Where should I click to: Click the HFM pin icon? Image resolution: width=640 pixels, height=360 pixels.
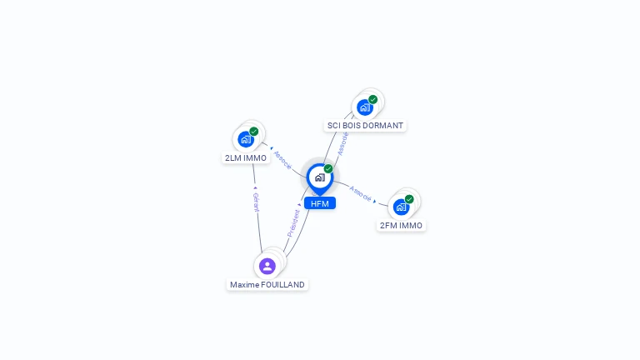[319, 177]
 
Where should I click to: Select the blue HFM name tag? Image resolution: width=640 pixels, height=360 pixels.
[320, 203]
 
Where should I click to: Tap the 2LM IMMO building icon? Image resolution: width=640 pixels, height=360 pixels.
[246, 139]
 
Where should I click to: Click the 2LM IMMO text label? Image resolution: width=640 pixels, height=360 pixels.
[245, 157]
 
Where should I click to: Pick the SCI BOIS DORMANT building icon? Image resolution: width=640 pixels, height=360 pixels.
[364, 107]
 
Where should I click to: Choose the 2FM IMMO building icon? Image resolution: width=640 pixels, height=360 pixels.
[401, 207]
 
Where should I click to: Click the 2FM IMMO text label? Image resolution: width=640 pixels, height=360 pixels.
[401, 226]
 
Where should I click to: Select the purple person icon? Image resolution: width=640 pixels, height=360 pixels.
[267, 266]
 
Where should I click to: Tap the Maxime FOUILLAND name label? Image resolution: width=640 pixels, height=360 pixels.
[267, 285]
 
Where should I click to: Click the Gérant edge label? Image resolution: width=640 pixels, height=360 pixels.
[256, 202]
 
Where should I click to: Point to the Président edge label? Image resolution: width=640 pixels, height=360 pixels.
[294, 221]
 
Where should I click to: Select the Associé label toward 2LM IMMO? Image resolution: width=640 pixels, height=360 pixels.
[282, 160]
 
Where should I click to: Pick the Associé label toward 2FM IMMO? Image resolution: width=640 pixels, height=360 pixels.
[360, 193]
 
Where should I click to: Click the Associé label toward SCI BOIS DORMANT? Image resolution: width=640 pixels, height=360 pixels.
[342, 142]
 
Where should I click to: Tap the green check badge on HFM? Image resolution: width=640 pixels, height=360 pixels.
[328, 169]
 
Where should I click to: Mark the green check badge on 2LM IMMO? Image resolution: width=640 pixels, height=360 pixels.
[254, 131]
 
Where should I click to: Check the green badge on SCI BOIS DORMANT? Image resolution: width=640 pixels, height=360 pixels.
[372, 99]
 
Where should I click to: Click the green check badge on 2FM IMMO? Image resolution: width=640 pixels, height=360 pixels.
[409, 199]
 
